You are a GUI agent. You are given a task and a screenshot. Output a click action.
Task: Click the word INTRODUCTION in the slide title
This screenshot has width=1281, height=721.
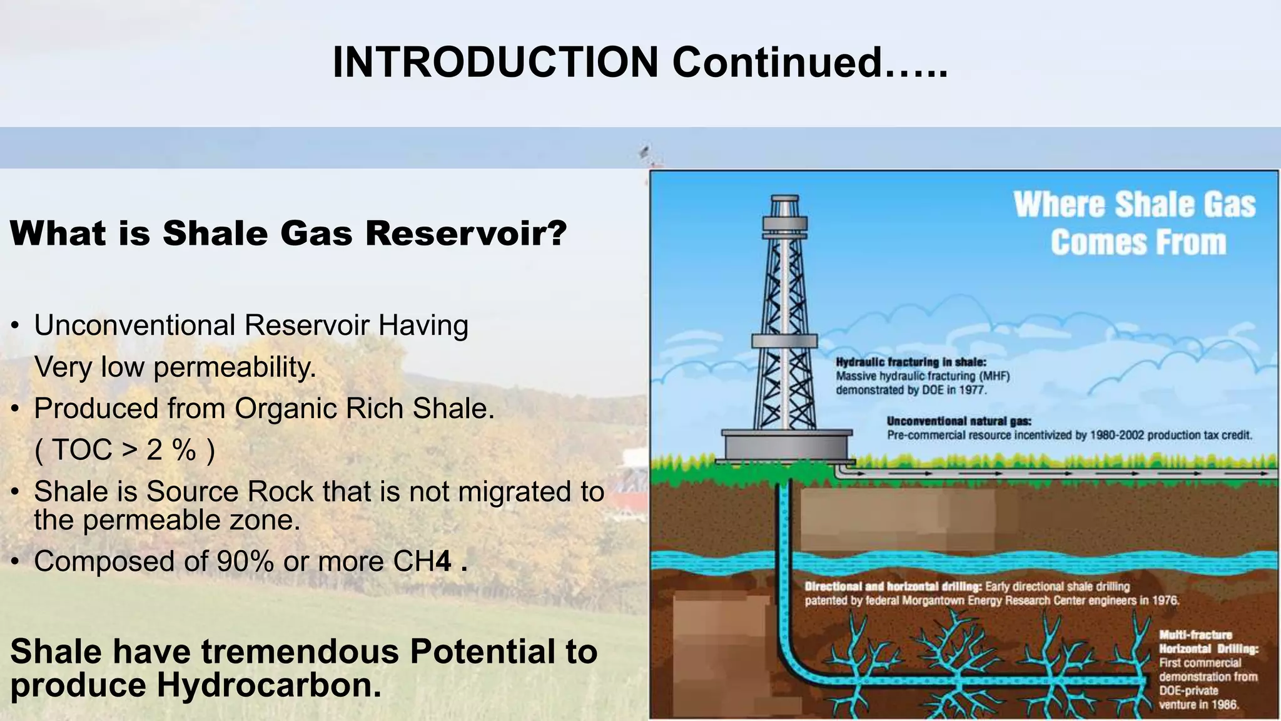click(495, 63)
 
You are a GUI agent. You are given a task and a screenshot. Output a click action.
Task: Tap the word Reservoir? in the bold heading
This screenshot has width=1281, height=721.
click(466, 233)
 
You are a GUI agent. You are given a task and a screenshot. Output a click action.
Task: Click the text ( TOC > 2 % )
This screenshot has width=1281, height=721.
click(125, 450)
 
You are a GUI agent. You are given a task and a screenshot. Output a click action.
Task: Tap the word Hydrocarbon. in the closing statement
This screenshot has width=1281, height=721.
click(269, 685)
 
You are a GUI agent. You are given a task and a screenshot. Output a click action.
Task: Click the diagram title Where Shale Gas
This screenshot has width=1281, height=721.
click(1134, 205)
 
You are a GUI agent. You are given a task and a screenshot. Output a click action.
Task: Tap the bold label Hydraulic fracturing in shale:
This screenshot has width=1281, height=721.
click(911, 362)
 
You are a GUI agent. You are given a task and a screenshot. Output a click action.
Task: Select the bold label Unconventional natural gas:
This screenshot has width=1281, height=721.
click(958, 421)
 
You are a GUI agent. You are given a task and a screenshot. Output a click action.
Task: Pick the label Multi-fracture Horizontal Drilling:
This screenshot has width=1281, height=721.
click(1207, 642)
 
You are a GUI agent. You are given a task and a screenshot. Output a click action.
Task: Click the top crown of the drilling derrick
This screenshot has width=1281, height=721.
click(784, 203)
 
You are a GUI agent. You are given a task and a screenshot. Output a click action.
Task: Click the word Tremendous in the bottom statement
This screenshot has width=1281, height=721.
click(300, 652)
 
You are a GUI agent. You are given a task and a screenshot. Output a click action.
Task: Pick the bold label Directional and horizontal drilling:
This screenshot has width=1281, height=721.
click(893, 587)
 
